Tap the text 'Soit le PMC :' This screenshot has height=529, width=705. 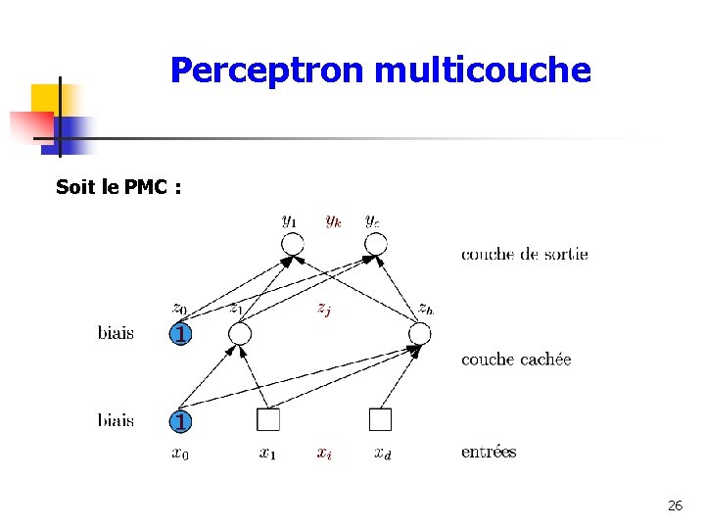coord(118,187)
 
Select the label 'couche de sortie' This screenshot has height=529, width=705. coord(525,255)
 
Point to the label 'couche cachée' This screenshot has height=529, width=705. coord(516,360)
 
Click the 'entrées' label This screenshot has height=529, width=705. coord(489,453)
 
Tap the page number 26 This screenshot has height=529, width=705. coord(675,505)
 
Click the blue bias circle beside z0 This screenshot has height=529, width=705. coord(179,335)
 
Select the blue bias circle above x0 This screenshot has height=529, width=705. coord(179,421)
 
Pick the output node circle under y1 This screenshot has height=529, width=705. coord(293,244)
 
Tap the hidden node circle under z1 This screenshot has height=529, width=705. coord(240,335)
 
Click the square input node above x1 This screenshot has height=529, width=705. coord(268,420)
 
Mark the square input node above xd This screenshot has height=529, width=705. coord(381,420)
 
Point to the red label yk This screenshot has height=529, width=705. coord(333,221)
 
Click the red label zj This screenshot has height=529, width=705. coord(323,309)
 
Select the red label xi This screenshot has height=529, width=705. coord(324,453)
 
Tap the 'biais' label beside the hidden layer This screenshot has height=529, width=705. coord(116,334)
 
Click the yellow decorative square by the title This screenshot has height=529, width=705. coord(47,98)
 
